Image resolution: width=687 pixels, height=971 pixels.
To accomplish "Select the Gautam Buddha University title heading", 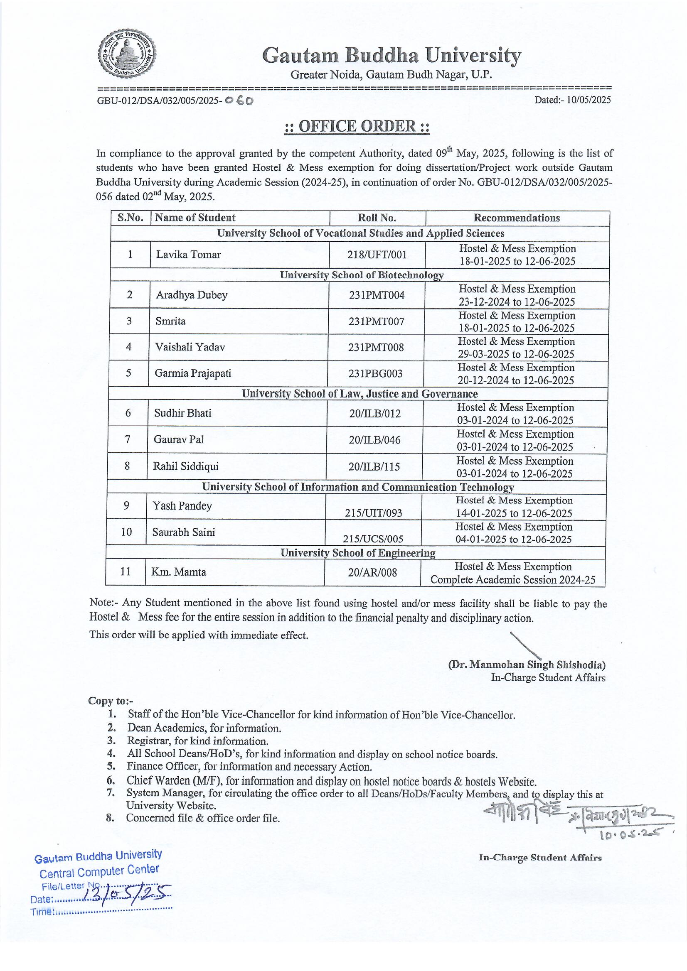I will pos(391,56).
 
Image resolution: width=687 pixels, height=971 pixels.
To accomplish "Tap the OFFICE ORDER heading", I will pos(357,126).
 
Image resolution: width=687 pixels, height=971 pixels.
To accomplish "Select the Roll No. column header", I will pos(377,218).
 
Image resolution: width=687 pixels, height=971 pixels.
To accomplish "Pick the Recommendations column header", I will pos(517,218).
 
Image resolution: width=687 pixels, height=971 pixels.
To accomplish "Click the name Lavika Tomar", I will pos(188,255).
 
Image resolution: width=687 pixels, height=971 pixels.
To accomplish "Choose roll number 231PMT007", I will pos(376,321).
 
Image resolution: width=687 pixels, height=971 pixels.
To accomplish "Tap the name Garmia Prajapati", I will pos(192,373).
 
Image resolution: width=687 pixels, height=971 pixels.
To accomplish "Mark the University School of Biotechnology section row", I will pos(362,275).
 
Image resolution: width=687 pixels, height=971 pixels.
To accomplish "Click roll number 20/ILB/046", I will pos(374,440).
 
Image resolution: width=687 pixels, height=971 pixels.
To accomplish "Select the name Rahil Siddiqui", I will pos(186,466).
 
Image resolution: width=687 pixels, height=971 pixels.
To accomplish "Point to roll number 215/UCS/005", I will pos(373,539).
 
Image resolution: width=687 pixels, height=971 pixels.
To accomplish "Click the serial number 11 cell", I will pos(126,572).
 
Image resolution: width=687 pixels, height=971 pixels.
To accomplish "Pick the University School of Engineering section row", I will pos(358,553).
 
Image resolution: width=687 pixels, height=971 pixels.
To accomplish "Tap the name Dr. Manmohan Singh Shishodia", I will pos(527,664).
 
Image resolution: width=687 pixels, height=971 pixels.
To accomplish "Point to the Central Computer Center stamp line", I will pos(99,872).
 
